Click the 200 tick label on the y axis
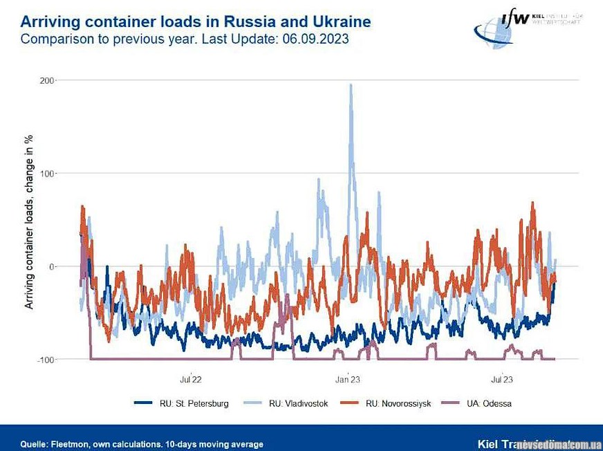tap(48, 80)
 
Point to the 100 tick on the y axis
tap(48, 173)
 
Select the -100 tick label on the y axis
tap(46, 359)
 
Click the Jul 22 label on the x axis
tap(191, 379)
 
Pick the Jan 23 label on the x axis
tap(347, 379)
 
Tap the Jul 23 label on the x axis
tap(502, 379)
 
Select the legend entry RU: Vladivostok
tap(298, 403)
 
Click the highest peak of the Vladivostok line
tap(351, 85)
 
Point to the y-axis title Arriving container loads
tap(29, 221)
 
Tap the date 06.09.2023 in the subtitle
tap(315, 39)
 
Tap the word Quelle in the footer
tap(34, 444)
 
